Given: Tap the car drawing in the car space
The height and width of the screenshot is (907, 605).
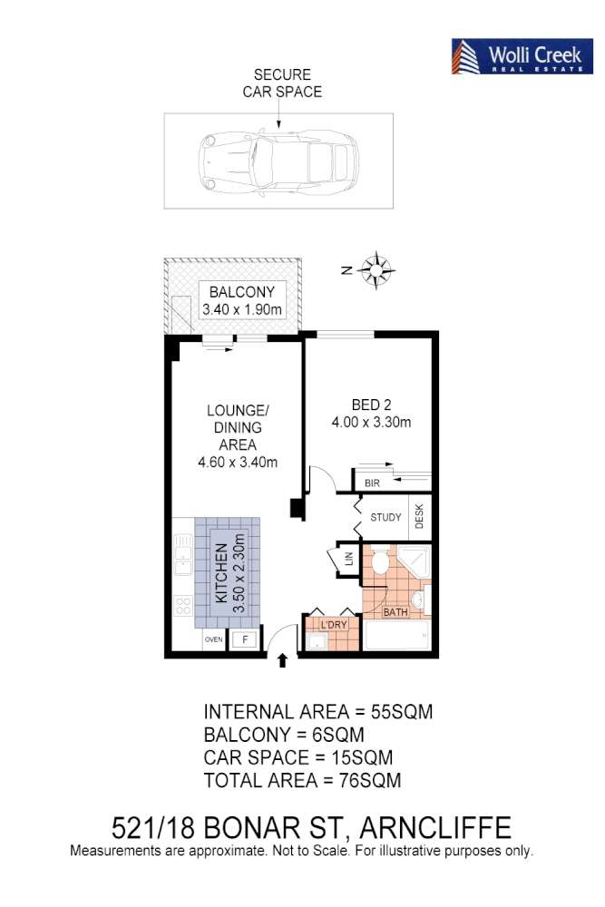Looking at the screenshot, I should pyautogui.click(x=278, y=162).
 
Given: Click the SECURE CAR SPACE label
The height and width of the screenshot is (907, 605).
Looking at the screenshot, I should pyautogui.click(x=281, y=83).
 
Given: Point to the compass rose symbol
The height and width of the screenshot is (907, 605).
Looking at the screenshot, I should pyautogui.click(x=376, y=269).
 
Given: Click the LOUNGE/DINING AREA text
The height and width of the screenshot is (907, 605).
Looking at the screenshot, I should pyautogui.click(x=237, y=435).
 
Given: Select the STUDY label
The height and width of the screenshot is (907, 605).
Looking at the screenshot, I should pyautogui.click(x=385, y=518).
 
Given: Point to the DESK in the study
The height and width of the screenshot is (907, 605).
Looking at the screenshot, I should pyautogui.click(x=419, y=517).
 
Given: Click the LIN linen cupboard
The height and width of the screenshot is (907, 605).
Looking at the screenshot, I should pyautogui.click(x=348, y=560).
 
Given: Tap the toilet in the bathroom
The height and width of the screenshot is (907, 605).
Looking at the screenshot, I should pyautogui.click(x=381, y=561).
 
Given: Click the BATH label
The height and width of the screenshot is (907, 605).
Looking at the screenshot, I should pyautogui.click(x=395, y=612).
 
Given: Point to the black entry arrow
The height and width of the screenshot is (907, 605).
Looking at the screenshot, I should pyautogui.click(x=282, y=659).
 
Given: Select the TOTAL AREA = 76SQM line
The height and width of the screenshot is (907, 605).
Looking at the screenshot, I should pyautogui.click(x=302, y=780).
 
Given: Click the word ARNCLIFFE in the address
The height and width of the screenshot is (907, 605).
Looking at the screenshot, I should pyautogui.click(x=435, y=827).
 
